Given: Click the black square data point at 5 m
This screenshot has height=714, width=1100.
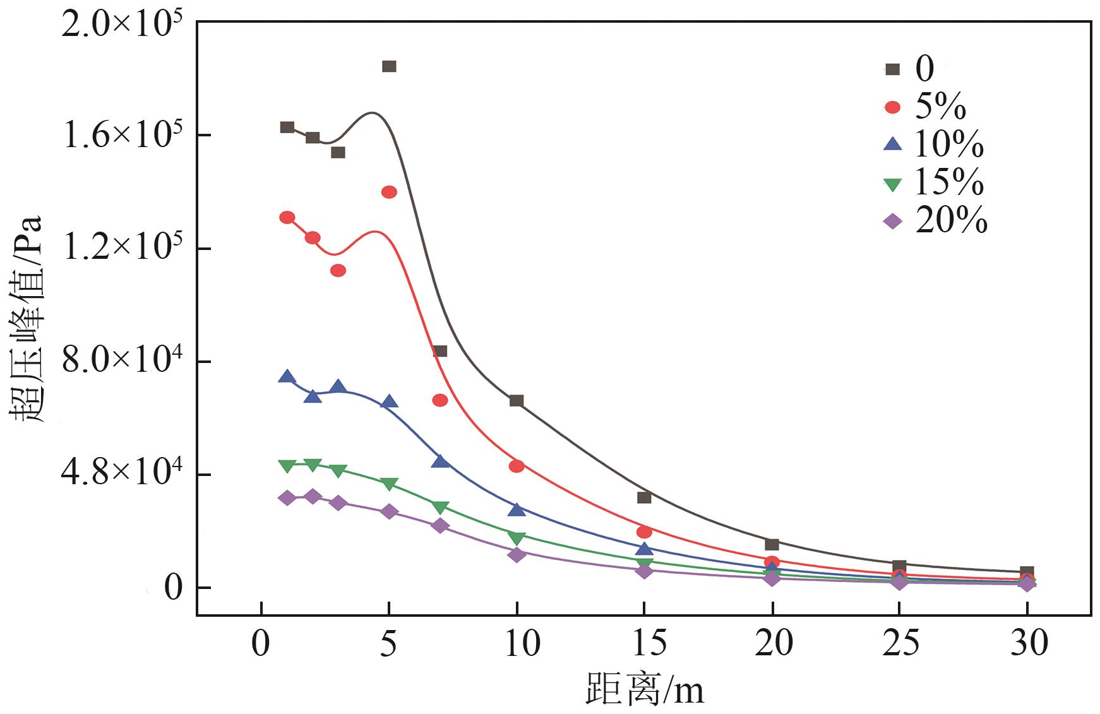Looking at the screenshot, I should (x=389, y=66).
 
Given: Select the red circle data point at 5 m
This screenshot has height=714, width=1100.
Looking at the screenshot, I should (x=389, y=192).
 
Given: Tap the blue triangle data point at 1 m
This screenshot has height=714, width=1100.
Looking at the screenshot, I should (x=287, y=377).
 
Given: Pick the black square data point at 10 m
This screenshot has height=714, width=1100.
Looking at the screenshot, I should (x=517, y=401).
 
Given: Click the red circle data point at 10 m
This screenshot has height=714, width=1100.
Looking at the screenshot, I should (x=517, y=466).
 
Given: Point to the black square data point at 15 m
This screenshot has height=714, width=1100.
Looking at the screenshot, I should (x=644, y=497).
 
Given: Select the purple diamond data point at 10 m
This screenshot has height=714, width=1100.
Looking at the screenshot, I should (x=517, y=555).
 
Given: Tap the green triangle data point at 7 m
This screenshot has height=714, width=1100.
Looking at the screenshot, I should (x=440, y=508).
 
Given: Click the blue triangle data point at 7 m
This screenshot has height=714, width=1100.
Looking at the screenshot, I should (x=440, y=461).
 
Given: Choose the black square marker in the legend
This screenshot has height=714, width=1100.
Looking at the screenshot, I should (x=892, y=69).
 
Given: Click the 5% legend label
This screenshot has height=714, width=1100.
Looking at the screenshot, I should (x=940, y=107).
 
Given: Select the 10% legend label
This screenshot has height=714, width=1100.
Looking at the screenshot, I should (x=948, y=145).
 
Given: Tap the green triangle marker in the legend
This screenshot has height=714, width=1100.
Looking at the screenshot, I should (x=892, y=184).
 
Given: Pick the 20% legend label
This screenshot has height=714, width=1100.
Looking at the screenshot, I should (x=951, y=221).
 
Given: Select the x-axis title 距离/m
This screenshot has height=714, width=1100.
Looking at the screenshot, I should (x=644, y=689).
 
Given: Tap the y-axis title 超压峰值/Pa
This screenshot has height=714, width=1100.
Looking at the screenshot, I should (x=27, y=319).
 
